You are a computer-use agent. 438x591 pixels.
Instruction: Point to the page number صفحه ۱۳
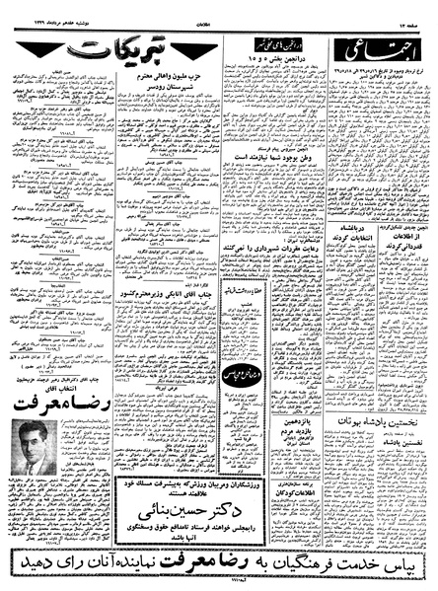point(414,16)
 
